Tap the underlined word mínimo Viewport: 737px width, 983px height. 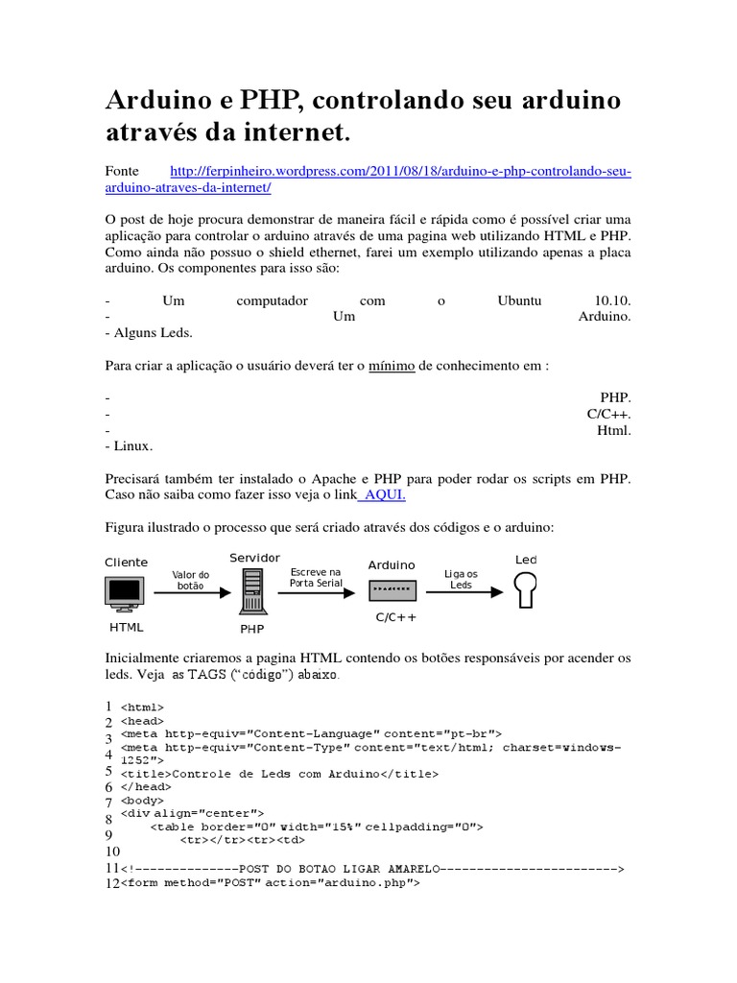pos(392,366)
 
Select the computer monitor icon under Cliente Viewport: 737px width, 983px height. pos(125,592)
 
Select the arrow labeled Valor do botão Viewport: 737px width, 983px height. pos(191,592)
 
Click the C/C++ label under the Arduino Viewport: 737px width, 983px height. pos(395,618)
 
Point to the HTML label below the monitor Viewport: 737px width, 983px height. pos(126,628)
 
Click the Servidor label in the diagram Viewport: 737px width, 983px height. pos(254,559)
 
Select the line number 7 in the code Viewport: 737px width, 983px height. pos(108,802)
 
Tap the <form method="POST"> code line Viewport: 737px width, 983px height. pos(270,882)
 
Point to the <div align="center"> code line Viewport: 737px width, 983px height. pos(192,813)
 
